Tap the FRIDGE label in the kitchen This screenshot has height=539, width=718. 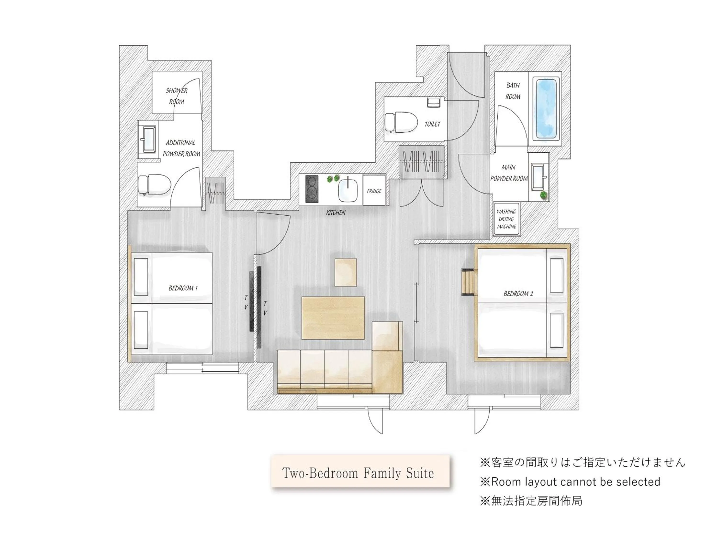point(374,191)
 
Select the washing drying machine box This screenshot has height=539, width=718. point(506,219)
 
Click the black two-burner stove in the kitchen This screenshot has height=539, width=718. point(312,189)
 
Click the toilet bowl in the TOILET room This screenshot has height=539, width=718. point(401,122)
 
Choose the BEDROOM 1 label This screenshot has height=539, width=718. point(183,288)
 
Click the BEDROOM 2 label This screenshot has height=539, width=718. point(518,294)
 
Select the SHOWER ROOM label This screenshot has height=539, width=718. point(177,96)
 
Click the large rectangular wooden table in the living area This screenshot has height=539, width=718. point(333,318)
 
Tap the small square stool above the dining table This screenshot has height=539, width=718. point(346,272)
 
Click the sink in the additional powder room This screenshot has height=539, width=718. point(149,140)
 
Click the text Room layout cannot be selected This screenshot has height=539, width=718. point(570,482)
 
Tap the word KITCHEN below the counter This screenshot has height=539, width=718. point(336,212)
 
